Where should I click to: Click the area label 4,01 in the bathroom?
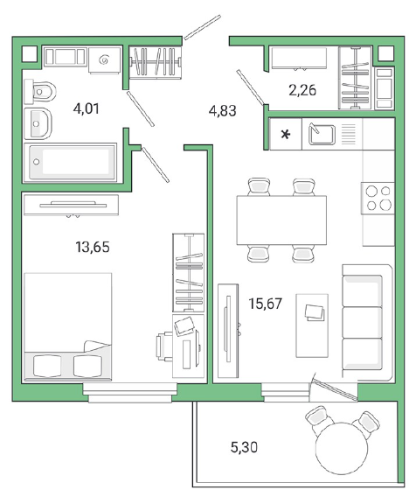pyautogui.click(x=86, y=109)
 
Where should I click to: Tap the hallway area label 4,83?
pyautogui.click(x=223, y=111)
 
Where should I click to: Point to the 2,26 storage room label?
pyautogui.click(x=302, y=90)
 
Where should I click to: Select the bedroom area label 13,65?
pyautogui.click(x=93, y=247)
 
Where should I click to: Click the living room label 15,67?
pyautogui.click(x=266, y=304)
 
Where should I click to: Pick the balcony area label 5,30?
pyautogui.click(x=244, y=447)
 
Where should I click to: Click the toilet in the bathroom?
pyautogui.click(x=40, y=92)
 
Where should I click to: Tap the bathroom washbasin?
pyautogui.click(x=38, y=123)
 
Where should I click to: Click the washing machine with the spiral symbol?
pyautogui.click(x=104, y=59)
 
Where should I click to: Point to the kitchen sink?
pyautogui.click(x=322, y=135)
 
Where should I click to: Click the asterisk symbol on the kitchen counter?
pyautogui.click(x=286, y=135)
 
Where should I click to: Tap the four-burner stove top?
pyautogui.click(x=378, y=198)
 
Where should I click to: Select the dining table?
pyautogui.click(x=281, y=220)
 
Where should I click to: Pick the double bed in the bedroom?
pyautogui.click(x=68, y=326)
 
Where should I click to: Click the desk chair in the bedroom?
pyautogui.click(x=164, y=346)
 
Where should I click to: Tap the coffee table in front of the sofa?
pyautogui.click(x=312, y=325)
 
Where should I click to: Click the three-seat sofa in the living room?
pyautogui.click(x=367, y=322)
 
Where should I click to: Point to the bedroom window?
pyautogui.click(x=130, y=393)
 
